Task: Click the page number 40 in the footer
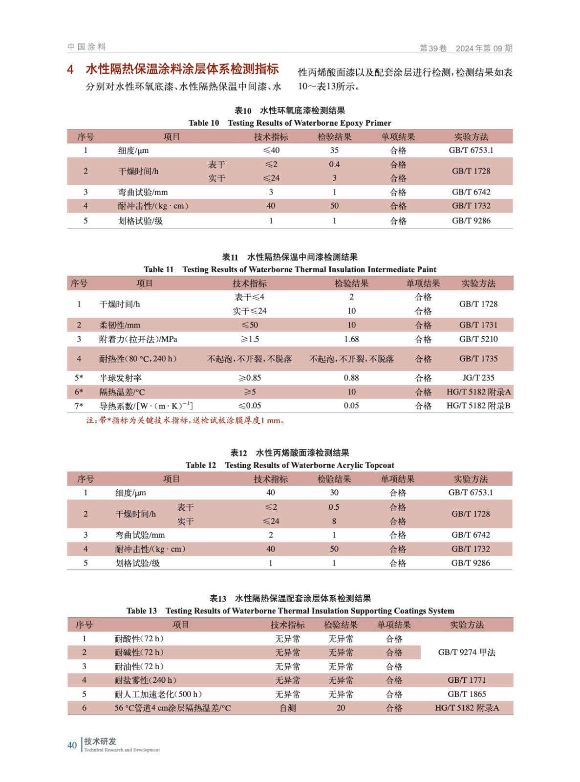click(72, 745)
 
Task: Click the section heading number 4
click(70, 69)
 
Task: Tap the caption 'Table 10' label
click(204, 123)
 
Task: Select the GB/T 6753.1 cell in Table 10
click(471, 150)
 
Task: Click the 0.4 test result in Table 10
click(334, 164)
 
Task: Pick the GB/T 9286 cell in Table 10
click(471, 220)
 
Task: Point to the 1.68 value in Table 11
click(351, 339)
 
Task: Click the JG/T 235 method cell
click(478, 377)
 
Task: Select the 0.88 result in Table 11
click(351, 377)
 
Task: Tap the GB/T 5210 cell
click(478, 339)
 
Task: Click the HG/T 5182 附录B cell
click(478, 405)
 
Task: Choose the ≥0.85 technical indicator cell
click(250, 377)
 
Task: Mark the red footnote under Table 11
click(186, 420)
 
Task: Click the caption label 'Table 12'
click(200, 465)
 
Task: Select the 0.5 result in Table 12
click(334, 507)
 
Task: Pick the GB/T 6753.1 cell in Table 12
click(471, 492)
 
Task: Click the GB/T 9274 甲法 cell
click(467, 652)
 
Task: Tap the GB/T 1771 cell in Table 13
click(467, 680)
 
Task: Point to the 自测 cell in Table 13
click(288, 708)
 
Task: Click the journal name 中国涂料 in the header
click(86, 47)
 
